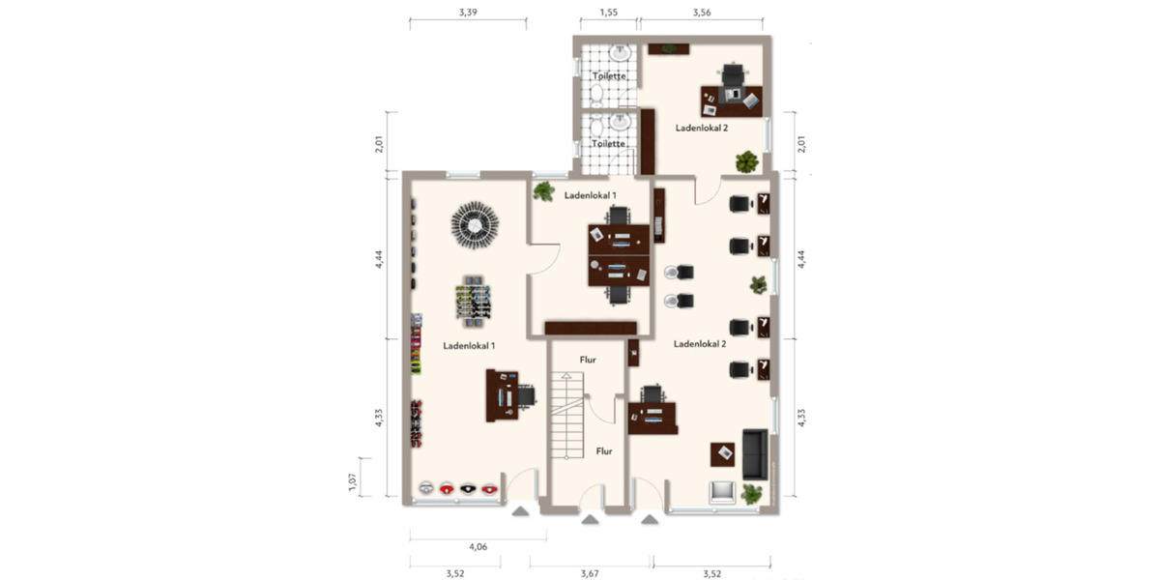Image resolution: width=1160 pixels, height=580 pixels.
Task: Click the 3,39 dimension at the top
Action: [468, 13]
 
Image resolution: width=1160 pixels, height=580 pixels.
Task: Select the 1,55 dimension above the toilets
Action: [608, 13]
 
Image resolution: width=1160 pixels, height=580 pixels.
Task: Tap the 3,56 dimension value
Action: [703, 13]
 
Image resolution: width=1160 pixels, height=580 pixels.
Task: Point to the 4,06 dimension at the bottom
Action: [478, 547]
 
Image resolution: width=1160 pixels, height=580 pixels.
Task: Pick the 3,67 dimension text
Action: [590, 573]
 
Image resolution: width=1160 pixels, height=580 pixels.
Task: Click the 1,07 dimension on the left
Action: [353, 480]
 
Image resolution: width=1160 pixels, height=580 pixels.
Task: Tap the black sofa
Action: [755, 453]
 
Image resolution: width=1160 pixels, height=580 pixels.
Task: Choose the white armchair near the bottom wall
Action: [720, 492]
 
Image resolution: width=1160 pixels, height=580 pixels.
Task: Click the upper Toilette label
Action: [609, 75]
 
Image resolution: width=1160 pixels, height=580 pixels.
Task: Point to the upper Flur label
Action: [588, 360]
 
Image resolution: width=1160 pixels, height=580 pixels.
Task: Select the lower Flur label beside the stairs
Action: [604, 450]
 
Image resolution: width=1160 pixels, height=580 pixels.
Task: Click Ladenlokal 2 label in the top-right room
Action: [702, 128]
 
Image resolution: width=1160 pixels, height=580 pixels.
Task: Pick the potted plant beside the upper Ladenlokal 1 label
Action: [543, 190]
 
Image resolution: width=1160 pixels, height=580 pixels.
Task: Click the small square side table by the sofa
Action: [721, 453]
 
